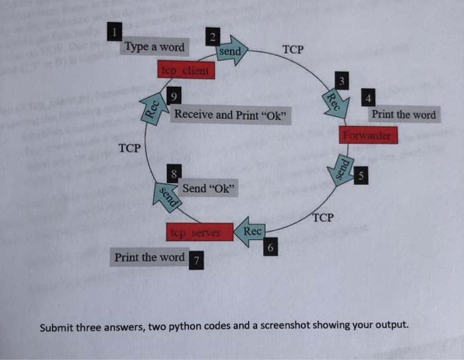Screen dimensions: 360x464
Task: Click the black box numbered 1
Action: [115, 31]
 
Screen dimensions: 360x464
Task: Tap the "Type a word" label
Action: [154, 47]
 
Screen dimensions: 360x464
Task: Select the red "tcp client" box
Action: [186, 70]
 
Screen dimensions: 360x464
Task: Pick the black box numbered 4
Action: [369, 97]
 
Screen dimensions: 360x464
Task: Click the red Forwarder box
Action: [369, 135]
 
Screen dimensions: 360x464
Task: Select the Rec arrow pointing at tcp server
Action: [251, 231]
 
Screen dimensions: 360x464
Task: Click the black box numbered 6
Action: [270, 247]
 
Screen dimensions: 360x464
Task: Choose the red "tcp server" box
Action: [198, 233]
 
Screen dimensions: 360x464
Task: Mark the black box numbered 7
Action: [197, 260]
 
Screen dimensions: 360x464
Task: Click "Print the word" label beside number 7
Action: [149, 257]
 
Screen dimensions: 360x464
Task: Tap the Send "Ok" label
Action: [209, 188]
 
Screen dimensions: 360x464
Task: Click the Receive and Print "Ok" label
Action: [231, 115]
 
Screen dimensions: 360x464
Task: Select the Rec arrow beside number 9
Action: [152, 106]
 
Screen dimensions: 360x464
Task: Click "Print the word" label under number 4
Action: [404, 115]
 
